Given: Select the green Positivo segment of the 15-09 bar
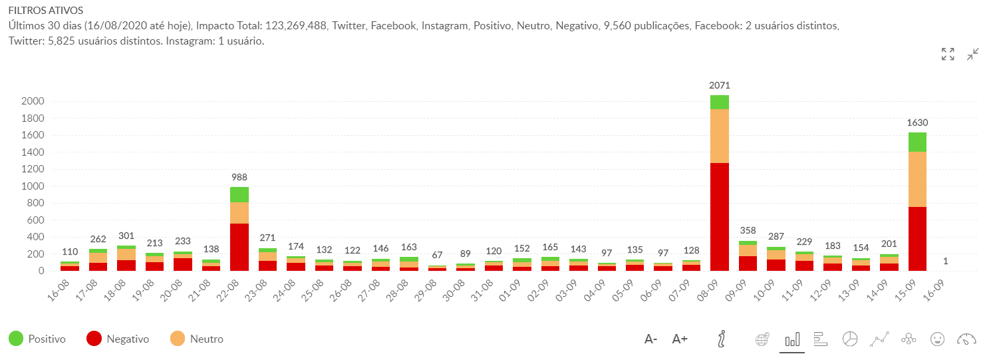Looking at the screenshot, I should [917, 142].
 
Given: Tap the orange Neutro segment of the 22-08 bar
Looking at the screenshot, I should [239, 212].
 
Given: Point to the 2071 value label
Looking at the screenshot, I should [720, 85].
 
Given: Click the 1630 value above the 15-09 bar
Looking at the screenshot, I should [917, 122].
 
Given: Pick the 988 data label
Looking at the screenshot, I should [239, 177].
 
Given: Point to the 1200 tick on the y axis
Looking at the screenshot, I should [33, 169].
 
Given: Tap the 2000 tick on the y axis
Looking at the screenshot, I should [33, 101].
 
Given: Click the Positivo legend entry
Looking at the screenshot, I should [37, 339].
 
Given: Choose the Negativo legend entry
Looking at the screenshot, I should [118, 339].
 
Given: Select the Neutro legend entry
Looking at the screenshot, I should [198, 339].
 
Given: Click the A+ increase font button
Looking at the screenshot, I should [680, 339].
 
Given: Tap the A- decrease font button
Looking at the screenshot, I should [650, 339].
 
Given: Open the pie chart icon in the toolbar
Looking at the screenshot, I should [849, 339].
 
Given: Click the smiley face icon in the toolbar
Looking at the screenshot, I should [937, 339].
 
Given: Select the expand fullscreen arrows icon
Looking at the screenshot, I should [948, 55].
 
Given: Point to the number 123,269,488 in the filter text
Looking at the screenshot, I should [296, 26].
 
